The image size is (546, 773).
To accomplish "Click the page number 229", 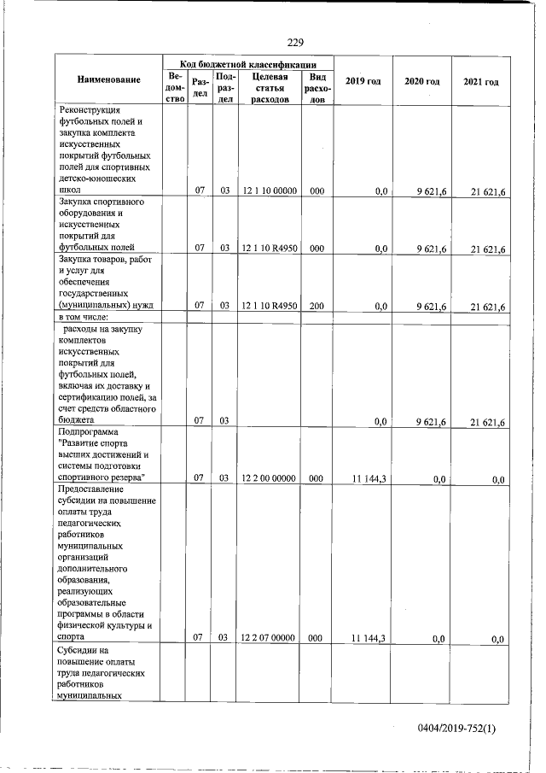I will [296, 44].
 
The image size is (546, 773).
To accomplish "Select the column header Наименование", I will [108, 80].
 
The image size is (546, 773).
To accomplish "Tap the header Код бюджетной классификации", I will [248, 64].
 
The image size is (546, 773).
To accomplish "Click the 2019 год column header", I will [363, 80].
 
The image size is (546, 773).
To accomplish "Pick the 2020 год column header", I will [421, 80].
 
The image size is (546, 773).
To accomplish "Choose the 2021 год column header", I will [481, 80].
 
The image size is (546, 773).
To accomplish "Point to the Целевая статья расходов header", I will [268, 88].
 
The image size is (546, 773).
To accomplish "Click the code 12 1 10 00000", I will [268, 190].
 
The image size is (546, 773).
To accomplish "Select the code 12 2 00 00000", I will [268, 478].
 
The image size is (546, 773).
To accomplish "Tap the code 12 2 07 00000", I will [268, 637].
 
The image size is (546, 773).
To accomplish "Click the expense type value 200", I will [316, 306].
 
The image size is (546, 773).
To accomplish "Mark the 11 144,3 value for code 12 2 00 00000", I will [369, 478].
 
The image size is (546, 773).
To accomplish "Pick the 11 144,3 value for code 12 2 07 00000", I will [369, 637].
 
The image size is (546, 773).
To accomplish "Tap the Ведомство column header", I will [174, 88].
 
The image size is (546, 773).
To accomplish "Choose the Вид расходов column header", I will [316, 88].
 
